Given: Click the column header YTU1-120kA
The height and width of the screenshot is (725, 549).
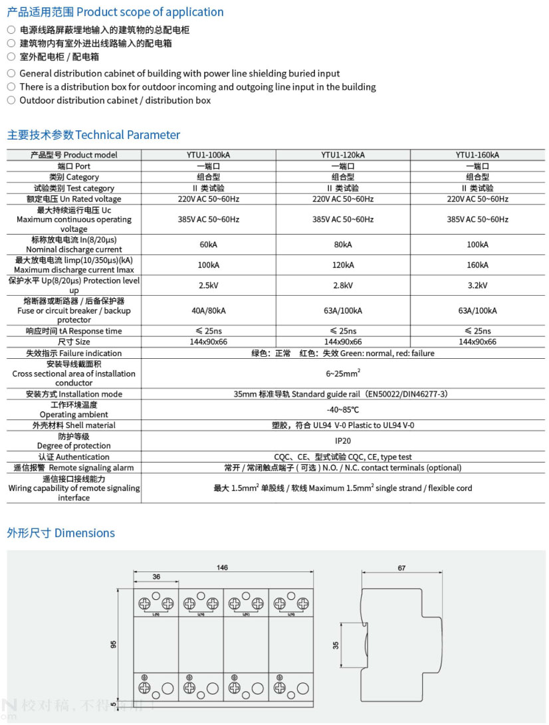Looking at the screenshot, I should pos(343,155).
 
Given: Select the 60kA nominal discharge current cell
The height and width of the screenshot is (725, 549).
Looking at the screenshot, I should pos(209,245).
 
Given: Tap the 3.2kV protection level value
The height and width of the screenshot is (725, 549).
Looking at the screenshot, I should pos(477,286).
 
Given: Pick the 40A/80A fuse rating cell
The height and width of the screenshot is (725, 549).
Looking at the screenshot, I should pos(209,310).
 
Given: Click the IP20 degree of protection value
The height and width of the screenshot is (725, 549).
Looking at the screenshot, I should pos(343,441).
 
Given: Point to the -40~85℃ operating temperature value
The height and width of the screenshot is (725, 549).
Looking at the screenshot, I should pos(343,409).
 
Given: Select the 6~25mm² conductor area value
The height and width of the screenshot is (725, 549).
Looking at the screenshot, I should pos(343,373).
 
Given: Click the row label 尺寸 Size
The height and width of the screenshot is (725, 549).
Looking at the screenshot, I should pos(74,342).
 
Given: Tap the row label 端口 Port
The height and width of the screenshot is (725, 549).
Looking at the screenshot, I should pos(74,166).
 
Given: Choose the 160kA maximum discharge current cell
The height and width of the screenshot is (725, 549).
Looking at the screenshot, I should pos(477,264).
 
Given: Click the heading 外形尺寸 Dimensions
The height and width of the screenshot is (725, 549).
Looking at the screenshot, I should pos(60,533).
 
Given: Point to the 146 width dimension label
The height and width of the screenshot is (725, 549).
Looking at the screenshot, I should pos(222,568).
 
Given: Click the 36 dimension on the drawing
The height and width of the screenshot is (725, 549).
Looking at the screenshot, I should pos(156,577).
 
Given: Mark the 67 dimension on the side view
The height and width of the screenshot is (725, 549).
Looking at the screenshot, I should pos(401,568).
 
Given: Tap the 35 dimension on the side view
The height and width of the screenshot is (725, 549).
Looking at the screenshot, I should pos(336,645).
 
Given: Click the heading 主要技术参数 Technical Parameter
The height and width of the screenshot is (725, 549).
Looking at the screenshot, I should pos(93,135).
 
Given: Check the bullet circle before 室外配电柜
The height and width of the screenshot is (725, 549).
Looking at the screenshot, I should pos(11,56).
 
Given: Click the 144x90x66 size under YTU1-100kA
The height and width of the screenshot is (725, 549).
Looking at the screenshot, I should pos(209,342).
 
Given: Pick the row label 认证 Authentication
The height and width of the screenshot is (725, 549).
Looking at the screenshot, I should pos(74,457).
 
